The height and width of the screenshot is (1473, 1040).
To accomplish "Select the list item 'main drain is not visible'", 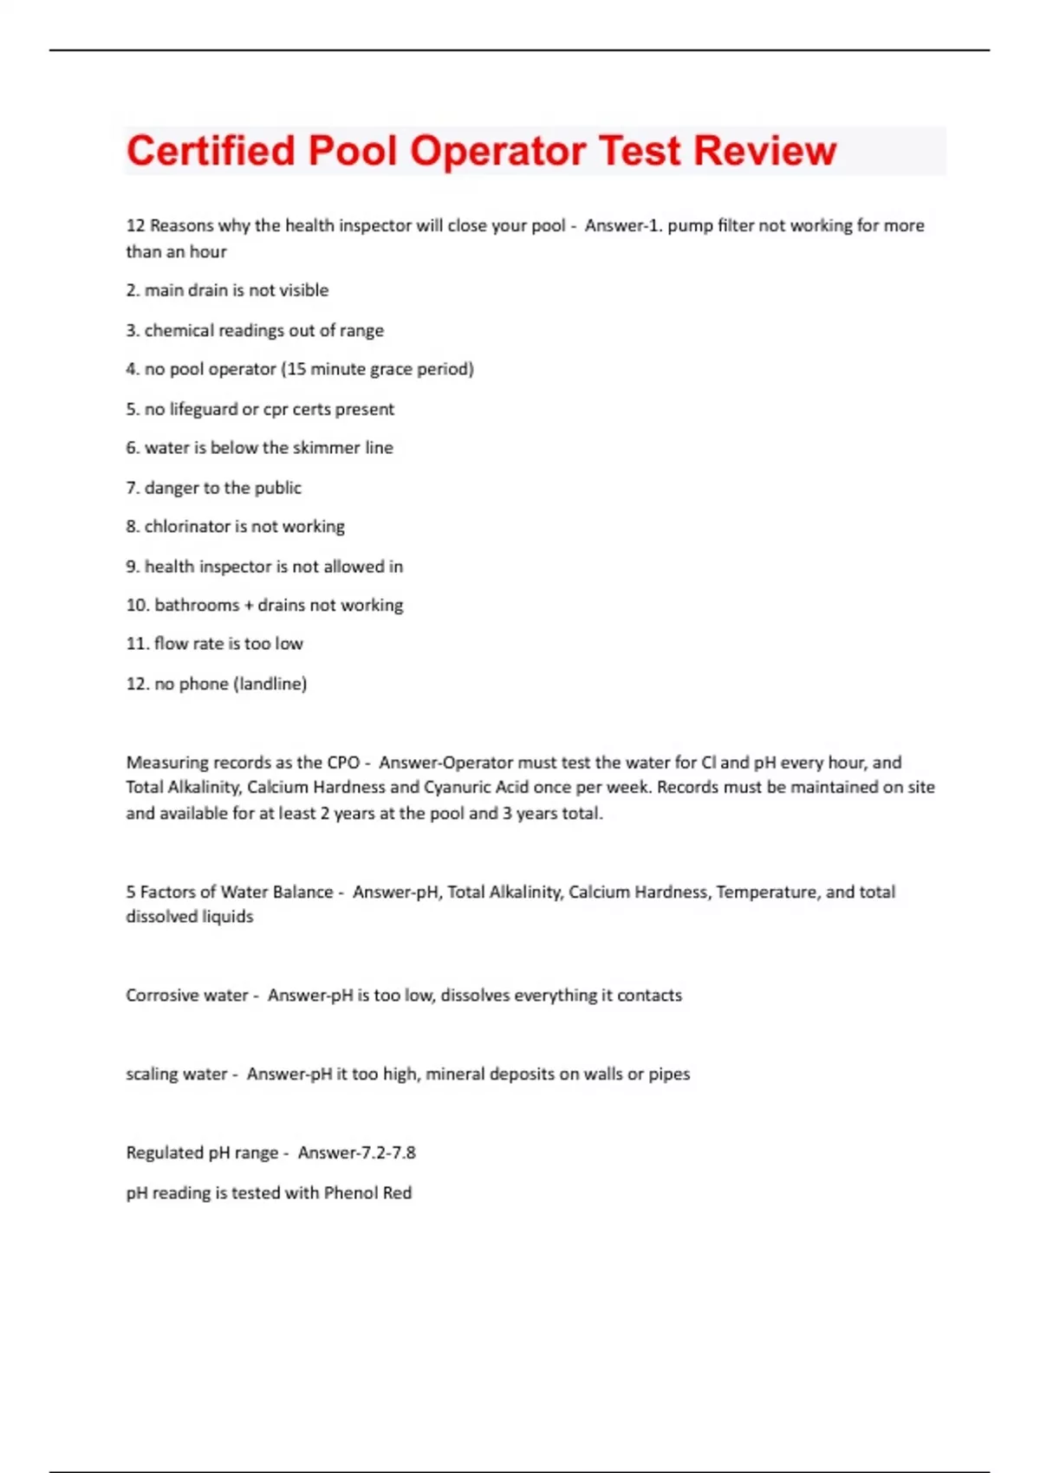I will click(236, 290).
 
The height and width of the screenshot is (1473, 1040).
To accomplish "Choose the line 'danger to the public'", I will click(223, 488).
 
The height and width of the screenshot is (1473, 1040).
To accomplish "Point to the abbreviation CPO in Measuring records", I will click(343, 762).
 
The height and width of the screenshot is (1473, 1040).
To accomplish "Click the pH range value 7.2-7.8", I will click(387, 1153).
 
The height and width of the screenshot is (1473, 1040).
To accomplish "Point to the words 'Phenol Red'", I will click(367, 1193).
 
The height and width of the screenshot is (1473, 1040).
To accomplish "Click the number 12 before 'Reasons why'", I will click(135, 225).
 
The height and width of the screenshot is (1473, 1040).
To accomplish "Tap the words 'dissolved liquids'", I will click(190, 917).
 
